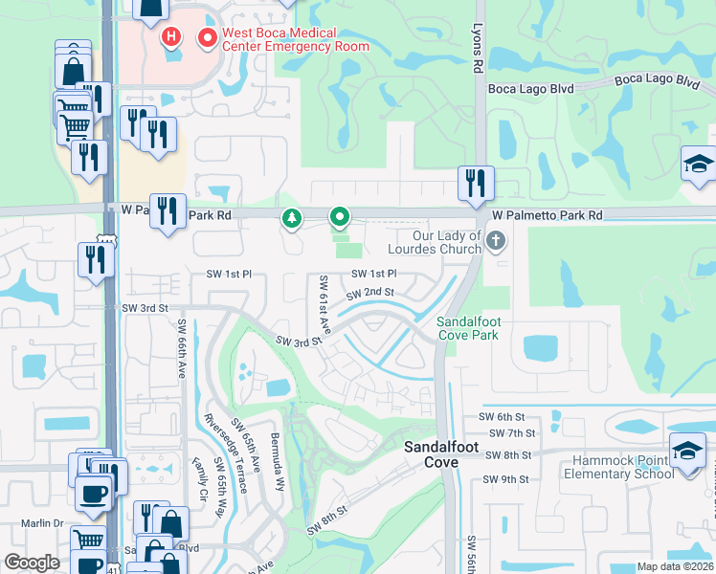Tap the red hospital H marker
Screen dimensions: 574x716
(x=170, y=38)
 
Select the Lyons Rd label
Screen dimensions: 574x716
(x=476, y=50)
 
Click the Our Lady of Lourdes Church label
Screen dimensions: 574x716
(x=434, y=243)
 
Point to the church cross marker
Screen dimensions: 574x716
(x=495, y=241)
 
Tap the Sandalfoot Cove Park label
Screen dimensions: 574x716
(x=468, y=328)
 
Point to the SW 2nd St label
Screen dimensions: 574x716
(x=369, y=293)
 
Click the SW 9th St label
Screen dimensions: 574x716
(x=505, y=479)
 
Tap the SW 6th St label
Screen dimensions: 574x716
(x=504, y=417)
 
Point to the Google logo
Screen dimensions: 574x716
(x=33, y=563)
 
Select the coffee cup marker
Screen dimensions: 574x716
(x=93, y=494)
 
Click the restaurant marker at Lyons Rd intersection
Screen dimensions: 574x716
(x=476, y=183)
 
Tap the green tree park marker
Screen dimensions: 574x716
(x=291, y=219)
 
